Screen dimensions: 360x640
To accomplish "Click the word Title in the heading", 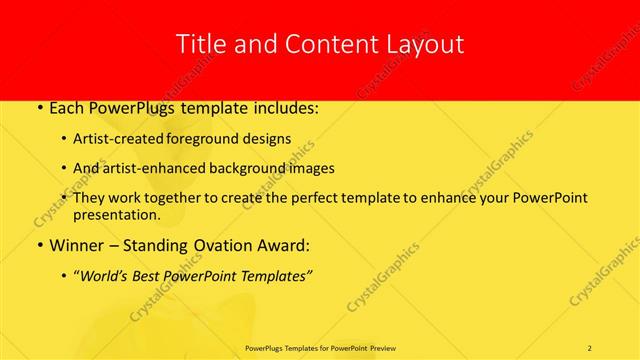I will coord(200,45).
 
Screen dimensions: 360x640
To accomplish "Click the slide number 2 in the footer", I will coord(590,347).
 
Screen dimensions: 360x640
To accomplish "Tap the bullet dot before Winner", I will coord(38,244).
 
